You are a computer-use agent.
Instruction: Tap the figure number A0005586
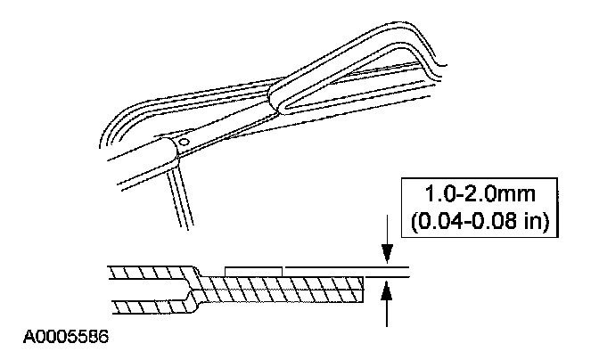pos(62,339)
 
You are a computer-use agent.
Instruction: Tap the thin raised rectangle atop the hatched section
pos(254,267)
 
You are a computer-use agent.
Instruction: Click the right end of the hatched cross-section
pos(360,287)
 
